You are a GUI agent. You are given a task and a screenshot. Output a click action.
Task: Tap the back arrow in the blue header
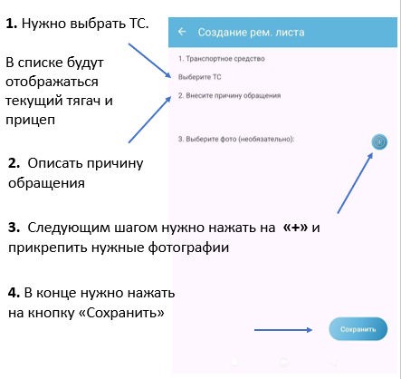(x=182, y=32)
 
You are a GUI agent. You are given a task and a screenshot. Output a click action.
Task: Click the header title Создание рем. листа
(x=251, y=33)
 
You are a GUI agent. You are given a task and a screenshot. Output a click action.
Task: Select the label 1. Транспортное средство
(x=222, y=59)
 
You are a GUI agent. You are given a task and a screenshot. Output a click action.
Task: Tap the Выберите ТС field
(x=200, y=77)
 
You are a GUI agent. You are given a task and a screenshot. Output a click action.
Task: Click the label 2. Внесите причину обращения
(x=229, y=95)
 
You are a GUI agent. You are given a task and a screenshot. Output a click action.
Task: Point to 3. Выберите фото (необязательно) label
(x=236, y=139)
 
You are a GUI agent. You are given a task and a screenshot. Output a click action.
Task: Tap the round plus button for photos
(x=379, y=141)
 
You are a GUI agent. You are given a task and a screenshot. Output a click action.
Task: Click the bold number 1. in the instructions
(x=12, y=24)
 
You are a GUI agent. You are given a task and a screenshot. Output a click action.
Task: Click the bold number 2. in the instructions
(x=14, y=163)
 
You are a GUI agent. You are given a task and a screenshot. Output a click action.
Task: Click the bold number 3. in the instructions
(x=14, y=228)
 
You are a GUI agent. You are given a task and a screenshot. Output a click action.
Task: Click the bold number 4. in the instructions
(x=14, y=293)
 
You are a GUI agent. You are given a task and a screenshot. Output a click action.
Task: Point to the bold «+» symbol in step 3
(x=295, y=228)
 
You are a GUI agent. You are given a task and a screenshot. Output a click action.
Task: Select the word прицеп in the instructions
(x=30, y=121)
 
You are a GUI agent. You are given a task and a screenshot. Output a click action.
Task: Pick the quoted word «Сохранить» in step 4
(x=121, y=313)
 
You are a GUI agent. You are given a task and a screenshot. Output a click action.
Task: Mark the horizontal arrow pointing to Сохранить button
(x=283, y=330)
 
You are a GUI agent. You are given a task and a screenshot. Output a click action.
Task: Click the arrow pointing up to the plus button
(x=355, y=183)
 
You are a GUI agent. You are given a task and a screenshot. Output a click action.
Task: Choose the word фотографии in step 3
(x=188, y=248)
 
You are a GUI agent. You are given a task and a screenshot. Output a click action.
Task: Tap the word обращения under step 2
(x=46, y=183)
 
